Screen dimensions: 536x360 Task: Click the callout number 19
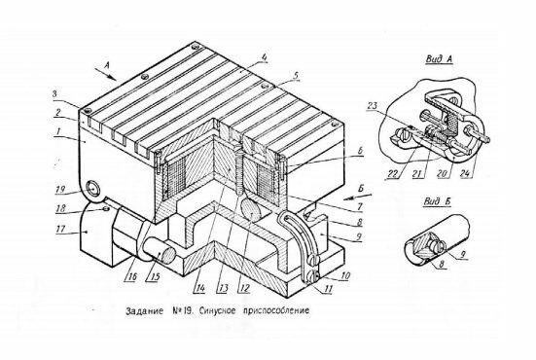(60, 189)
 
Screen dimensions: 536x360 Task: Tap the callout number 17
(60, 229)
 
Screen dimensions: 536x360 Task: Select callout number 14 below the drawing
(199, 288)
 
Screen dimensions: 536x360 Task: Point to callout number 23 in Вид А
(372, 106)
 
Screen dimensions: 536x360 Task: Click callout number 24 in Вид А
(465, 173)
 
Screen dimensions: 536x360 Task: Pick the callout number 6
(360, 151)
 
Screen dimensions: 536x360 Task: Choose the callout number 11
(328, 289)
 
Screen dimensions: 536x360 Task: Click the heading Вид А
(439, 58)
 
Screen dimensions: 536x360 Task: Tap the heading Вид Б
(437, 201)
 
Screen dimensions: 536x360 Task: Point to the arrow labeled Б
(357, 197)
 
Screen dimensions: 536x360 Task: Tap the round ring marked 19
(92, 189)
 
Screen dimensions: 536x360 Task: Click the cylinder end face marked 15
(167, 255)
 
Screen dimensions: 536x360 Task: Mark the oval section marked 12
(252, 209)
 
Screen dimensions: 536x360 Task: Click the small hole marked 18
(106, 208)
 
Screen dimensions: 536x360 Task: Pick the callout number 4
(264, 58)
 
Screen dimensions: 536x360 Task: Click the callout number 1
(58, 130)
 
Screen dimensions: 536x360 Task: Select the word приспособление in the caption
(276, 311)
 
